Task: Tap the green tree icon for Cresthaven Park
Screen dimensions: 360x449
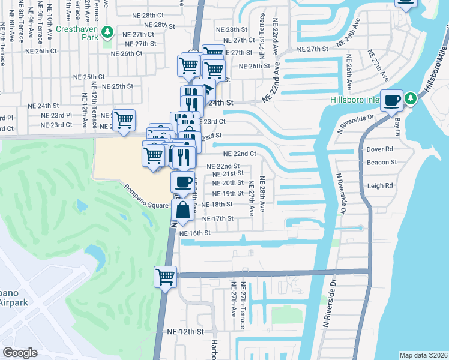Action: (108, 31)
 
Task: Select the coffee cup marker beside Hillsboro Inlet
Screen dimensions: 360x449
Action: (392, 100)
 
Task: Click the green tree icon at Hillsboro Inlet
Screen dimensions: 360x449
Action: (411, 98)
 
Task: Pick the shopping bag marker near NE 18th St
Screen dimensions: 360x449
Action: (183, 210)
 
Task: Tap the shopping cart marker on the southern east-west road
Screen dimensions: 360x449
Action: (166, 277)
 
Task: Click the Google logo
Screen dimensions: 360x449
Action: (20, 352)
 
